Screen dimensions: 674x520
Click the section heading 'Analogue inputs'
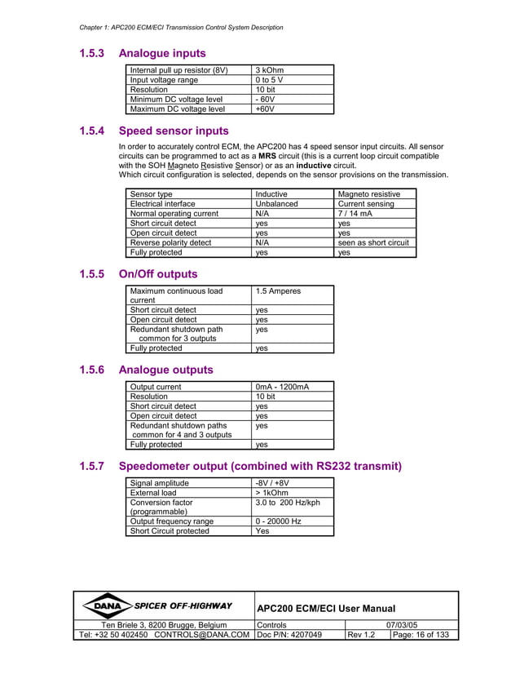tap(161, 54)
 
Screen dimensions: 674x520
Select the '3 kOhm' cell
tap(269, 70)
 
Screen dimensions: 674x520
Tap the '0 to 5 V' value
tap(270, 80)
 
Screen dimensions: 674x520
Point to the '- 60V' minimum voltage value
tap(265, 99)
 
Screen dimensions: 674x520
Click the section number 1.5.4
tap(91, 131)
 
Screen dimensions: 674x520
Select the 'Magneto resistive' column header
tap(368, 194)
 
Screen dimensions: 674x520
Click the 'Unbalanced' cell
tap(276, 204)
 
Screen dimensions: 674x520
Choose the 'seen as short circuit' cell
tap(373, 242)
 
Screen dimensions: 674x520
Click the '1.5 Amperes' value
tap(278, 290)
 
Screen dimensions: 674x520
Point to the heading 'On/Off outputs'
tap(158, 274)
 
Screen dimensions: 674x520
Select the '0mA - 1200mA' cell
tap(282, 387)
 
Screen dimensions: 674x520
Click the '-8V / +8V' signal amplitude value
tap(272, 483)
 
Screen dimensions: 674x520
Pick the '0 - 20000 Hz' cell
tap(278, 521)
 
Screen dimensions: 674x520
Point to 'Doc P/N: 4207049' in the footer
tap(289, 635)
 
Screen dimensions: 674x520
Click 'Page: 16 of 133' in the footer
tap(421, 635)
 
